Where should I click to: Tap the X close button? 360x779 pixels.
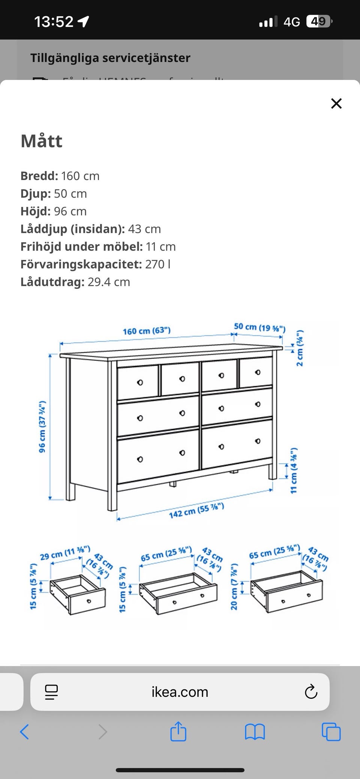pos(336,104)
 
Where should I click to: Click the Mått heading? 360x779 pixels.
pos(42,141)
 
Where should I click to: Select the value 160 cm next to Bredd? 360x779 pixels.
pos(80,176)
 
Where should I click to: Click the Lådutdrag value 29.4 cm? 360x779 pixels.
pos(109,282)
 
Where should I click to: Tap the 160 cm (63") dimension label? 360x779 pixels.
pos(147,331)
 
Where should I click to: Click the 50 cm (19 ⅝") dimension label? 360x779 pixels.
pos(259,327)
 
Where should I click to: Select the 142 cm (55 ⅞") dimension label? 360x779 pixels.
pos(196,510)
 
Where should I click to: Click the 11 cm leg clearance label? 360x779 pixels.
pos(294,470)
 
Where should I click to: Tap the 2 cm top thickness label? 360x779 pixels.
pos(299,348)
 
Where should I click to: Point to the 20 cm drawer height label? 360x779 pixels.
pos(234,586)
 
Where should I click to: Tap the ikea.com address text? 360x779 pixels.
pos(180,692)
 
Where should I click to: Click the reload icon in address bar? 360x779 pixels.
pos(311,692)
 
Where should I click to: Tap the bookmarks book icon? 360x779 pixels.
pos(255,732)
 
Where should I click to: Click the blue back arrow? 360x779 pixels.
pos(24,732)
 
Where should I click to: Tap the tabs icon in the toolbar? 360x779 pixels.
pos(331,732)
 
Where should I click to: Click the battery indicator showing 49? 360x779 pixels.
pos(319,21)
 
